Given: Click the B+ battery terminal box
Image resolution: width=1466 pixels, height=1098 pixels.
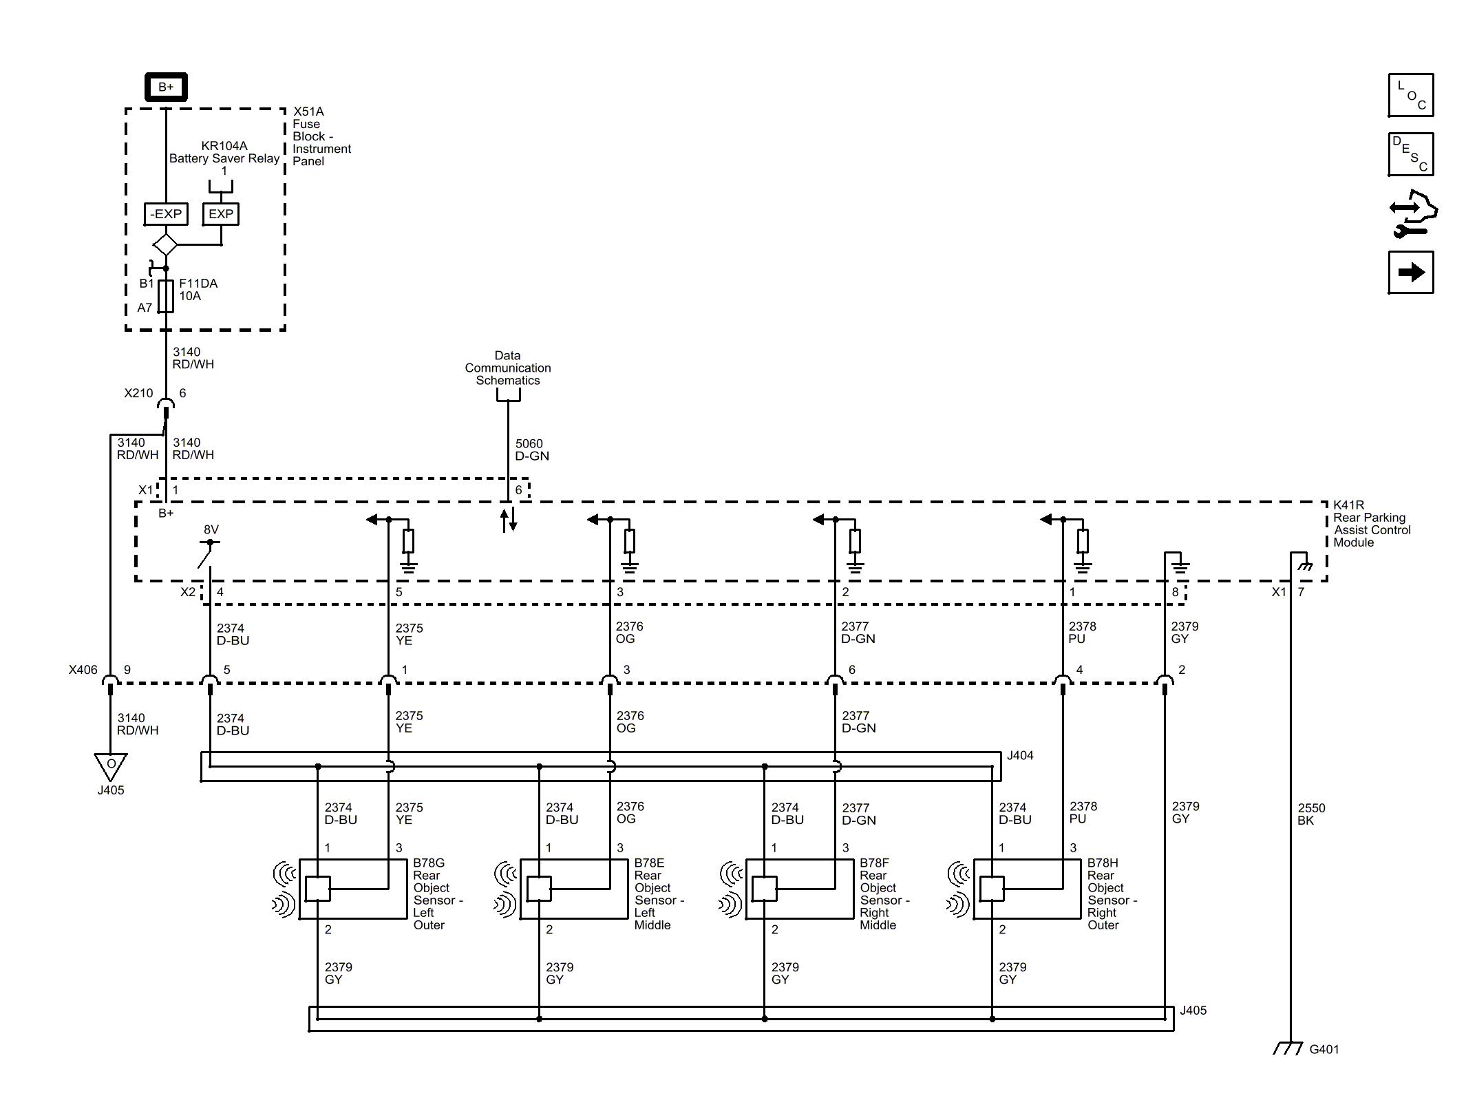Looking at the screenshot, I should [x=166, y=87].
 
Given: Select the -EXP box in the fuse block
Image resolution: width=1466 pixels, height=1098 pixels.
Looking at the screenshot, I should [x=166, y=214].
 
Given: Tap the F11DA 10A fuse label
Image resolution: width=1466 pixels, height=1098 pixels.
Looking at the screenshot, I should [x=198, y=290].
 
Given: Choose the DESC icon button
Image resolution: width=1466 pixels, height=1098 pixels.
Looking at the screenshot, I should [x=1410, y=154].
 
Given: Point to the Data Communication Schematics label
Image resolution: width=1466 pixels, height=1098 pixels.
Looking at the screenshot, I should [x=507, y=368].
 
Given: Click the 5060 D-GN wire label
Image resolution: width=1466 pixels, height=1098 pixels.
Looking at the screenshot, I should [x=531, y=450].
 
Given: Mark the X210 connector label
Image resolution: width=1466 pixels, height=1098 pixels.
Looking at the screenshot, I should [x=138, y=393].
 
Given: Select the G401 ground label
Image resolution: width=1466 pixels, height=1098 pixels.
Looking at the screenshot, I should [x=1324, y=1050].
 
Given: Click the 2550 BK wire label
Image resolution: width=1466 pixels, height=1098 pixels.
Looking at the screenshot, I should [x=1310, y=814].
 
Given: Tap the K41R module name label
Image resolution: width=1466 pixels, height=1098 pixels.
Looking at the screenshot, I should [x=1371, y=524].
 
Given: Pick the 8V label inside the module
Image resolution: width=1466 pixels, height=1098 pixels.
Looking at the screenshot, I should [x=211, y=530].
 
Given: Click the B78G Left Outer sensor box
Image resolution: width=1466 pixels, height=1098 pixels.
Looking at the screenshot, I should [x=352, y=889].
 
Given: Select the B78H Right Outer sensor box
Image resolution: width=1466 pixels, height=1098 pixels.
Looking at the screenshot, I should [x=1026, y=889].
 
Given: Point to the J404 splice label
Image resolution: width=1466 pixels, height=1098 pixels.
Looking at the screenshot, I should [x=1019, y=756].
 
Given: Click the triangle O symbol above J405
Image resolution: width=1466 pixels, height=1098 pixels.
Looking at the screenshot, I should [x=111, y=765].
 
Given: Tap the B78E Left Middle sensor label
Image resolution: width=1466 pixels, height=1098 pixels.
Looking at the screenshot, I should [x=658, y=894].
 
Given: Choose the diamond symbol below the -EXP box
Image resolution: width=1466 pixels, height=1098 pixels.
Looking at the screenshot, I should [x=165, y=244].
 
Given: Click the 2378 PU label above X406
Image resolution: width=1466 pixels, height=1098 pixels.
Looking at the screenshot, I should [x=1081, y=633].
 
